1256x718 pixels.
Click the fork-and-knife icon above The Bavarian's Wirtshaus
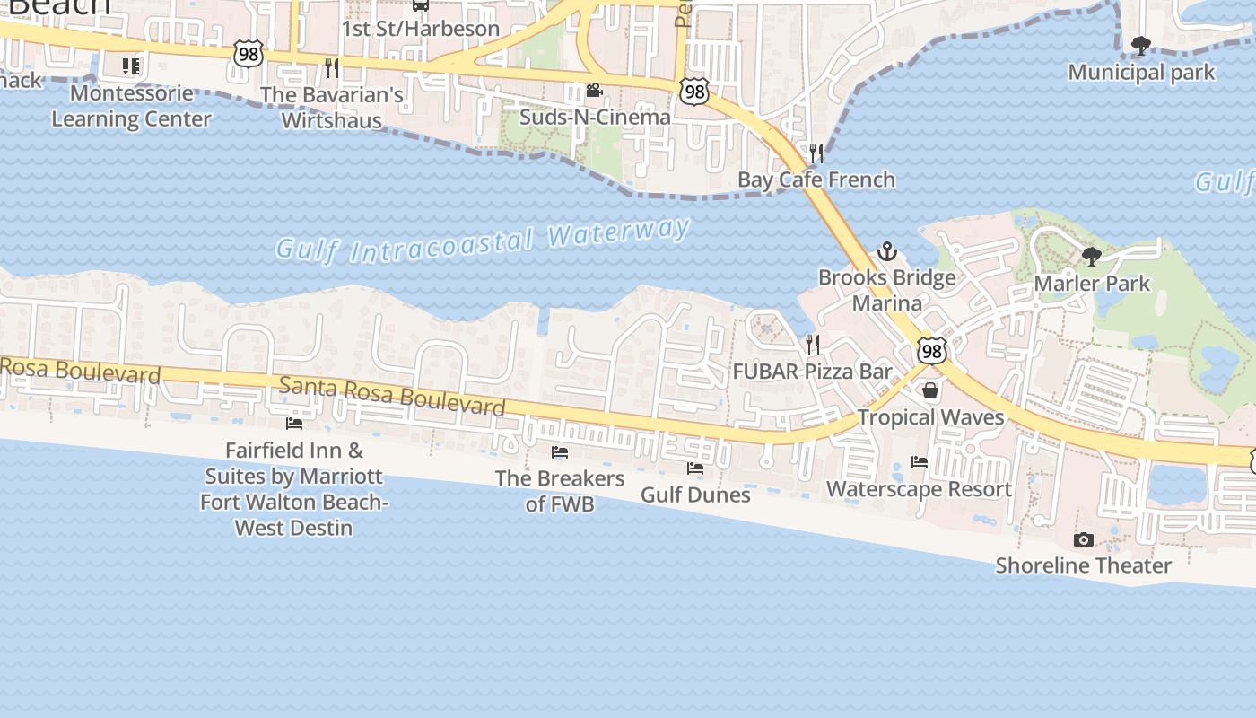point(332,67)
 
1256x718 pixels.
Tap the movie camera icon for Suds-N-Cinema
point(593,90)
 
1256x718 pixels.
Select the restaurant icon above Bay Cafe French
point(816,153)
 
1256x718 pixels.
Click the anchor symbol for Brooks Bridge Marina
point(886,250)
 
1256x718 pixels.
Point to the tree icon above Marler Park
point(1091,257)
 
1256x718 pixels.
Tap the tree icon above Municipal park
point(1140,45)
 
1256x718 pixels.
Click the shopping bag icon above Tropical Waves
point(930,391)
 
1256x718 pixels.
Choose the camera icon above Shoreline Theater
point(1083,539)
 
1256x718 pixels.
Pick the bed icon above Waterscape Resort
point(919,462)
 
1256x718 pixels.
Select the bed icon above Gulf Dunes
point(695,468)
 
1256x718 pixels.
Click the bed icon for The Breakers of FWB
point(560,451)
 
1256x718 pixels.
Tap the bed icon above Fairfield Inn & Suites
point(293,423)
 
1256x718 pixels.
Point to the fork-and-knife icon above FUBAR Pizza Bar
point(812,344)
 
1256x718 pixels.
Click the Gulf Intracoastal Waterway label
point(483,240)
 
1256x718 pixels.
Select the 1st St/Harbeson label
point(420,29)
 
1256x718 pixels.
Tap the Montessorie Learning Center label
point(131,106)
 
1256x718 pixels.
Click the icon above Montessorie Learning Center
point(131,66)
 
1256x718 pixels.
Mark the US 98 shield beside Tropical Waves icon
point(931,351)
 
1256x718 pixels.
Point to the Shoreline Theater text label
point(1083,565)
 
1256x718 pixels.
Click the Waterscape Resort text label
point(919,489)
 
